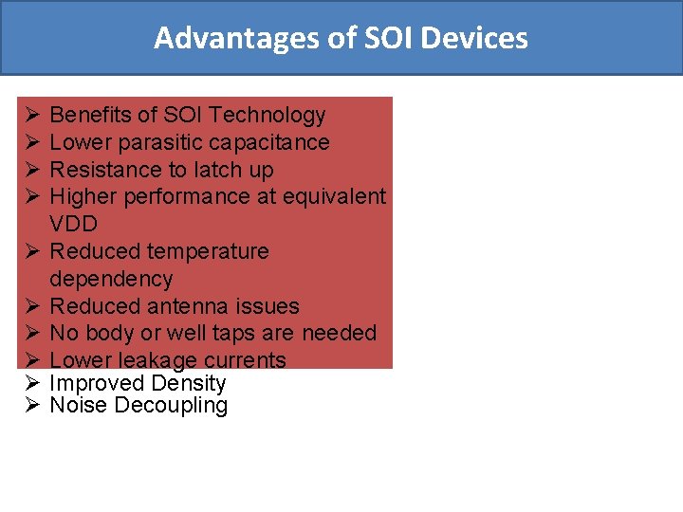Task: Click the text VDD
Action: coord(73,225)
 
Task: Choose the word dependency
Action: coord(111,280)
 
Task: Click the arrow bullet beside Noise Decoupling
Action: coord(30,406)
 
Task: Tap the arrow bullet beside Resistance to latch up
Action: coord(30,171)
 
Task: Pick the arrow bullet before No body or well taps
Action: coord(30,334)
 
